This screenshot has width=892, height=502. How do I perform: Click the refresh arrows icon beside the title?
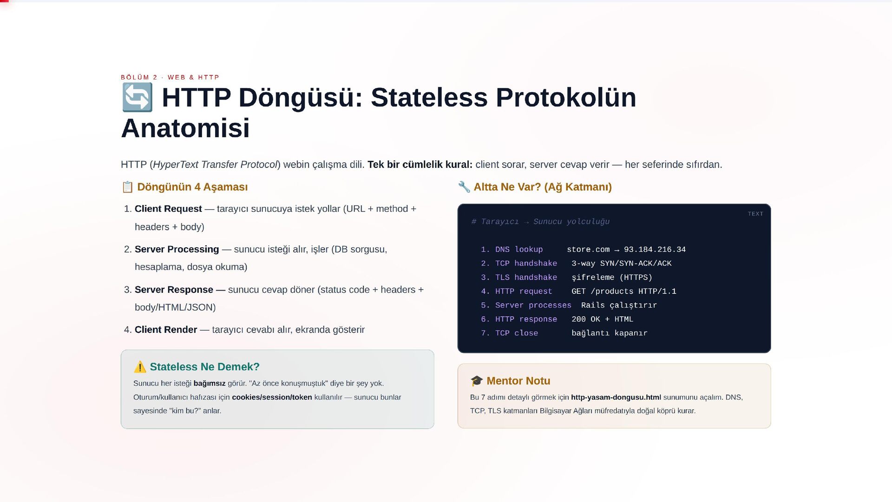pyautogui.click(x=137, y=98)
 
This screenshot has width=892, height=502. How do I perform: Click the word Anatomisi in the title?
pyautogui.click(x=185, y=128)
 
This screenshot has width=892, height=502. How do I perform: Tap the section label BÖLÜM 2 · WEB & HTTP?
pyautogui.click(x=170, y=77)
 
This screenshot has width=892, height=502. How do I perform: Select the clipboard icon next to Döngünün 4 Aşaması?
pyautogui.click(x=127, y=187)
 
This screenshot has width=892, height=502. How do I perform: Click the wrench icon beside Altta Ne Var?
pyautogui.click(x=464, y=187)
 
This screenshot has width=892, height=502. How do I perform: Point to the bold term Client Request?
pyautogui.click(x=168, y=209)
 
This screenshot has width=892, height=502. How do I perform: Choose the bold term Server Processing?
pyautogui.click(x=177, y=249)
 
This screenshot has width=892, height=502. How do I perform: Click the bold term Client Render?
pyautogui.click(x=166, y=330)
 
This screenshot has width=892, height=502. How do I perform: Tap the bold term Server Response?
pyautogui.click(x=174, y=290)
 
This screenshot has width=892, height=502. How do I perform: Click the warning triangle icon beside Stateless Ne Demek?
pyautogui.click(x=140, y=367)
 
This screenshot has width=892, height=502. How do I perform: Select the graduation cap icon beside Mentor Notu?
pyautogui.click(x=477, y=381)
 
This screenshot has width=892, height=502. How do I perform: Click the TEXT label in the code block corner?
pyautogui.click(x=755, y=214)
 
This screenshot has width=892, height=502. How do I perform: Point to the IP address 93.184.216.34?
pyautogui.click(x=655, y=250)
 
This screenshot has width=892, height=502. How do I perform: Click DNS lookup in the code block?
pyautogui.click(x=519, y=250)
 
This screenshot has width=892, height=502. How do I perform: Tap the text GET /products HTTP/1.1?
pyautogui.click(x=624, y=291)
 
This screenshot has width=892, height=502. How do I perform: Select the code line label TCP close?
pyautogui.click(x=517, y=333)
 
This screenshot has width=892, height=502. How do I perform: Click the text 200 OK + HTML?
pyautogui.click(x=602, y=319)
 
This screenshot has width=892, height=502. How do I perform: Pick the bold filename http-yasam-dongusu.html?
pyautogui.click(x=616, y=397)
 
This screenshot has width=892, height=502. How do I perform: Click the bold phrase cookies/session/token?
pyautogui.click(x=272, y=397)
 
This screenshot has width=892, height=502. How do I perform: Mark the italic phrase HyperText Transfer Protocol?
pyautogui.click(x=215, y=165)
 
